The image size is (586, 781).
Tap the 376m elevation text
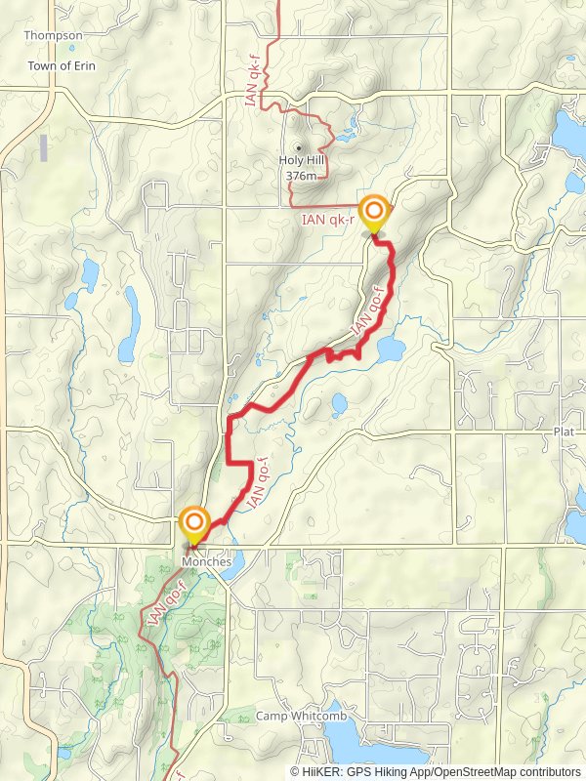coord(302,176)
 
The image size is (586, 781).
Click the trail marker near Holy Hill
coord(373,212)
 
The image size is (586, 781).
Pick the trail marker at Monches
coord(194,522)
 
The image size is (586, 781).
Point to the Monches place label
coord(205,562)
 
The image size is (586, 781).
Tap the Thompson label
coord(54,35)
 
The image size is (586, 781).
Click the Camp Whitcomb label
coord(297,717)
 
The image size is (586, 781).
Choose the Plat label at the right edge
coord(564,431)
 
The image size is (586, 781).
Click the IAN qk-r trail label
coord(328,221)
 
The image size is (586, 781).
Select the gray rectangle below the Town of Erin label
coord(44,147)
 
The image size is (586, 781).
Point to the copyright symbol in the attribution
coord(295,771)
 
